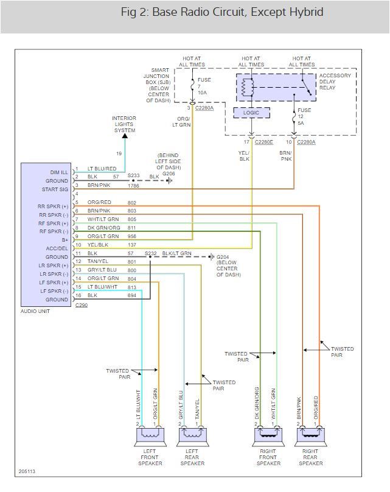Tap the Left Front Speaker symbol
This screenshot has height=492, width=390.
150,435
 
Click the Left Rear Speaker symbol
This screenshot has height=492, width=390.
193,435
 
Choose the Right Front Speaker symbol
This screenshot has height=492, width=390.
268,435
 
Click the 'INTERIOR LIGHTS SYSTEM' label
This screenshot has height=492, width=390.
125,124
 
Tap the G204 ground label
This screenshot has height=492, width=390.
224,257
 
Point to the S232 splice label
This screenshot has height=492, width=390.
150,253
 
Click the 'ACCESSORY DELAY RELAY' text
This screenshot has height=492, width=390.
335,82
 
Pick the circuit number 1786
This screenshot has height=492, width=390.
134,185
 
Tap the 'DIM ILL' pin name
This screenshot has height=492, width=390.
58,172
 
